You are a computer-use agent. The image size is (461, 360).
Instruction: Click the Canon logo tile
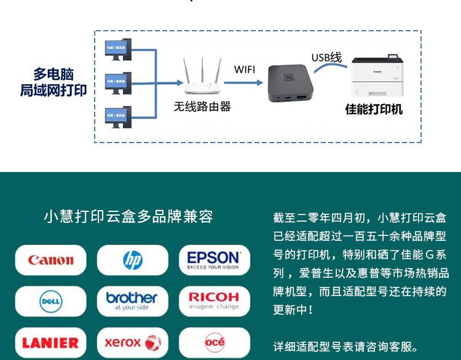[x=50, y=260]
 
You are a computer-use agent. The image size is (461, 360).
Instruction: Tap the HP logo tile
[x=132, y=260]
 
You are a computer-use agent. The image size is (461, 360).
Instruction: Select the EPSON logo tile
[x=214, y=260]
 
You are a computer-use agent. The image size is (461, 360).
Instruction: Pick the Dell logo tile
[x=50, y=301]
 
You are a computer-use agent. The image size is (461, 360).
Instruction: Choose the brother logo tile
[x=132, y=301]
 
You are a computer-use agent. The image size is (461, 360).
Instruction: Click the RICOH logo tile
[x=214, y=301]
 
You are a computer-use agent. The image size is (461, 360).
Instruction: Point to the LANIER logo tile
[x=50, y=342]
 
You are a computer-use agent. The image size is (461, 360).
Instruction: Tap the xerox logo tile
[x=132, y=342]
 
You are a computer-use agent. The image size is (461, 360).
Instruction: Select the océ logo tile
[x=214, y=342]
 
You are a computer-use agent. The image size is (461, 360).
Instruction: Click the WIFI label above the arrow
[x=244, y=69]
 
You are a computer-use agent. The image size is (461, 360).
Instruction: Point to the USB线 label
[x=326, y=58]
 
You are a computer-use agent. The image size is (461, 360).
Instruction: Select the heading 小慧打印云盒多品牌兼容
[x=128, y=217]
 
